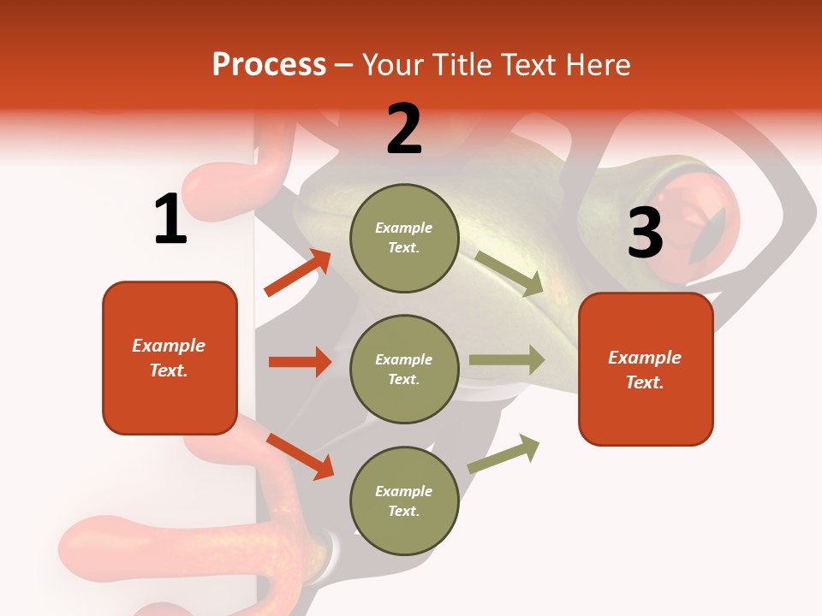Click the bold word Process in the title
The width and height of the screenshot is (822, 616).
[269, 65]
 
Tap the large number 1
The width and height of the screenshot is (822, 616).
[170, 219]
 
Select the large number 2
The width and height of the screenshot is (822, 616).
[404, 128]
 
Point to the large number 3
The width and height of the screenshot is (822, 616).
[645, 233]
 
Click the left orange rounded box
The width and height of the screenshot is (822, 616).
[170, 358]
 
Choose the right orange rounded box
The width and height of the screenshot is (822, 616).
[646, 369]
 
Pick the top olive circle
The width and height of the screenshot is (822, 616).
[404, 238]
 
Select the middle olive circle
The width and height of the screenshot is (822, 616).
[404, 369]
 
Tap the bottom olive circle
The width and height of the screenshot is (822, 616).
[404, 500]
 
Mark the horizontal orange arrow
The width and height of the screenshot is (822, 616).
[300, 362]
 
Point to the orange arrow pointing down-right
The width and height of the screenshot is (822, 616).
[300, 456]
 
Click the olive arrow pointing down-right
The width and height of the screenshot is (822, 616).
[509, 273]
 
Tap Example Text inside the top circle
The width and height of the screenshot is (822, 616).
[404, 238]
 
